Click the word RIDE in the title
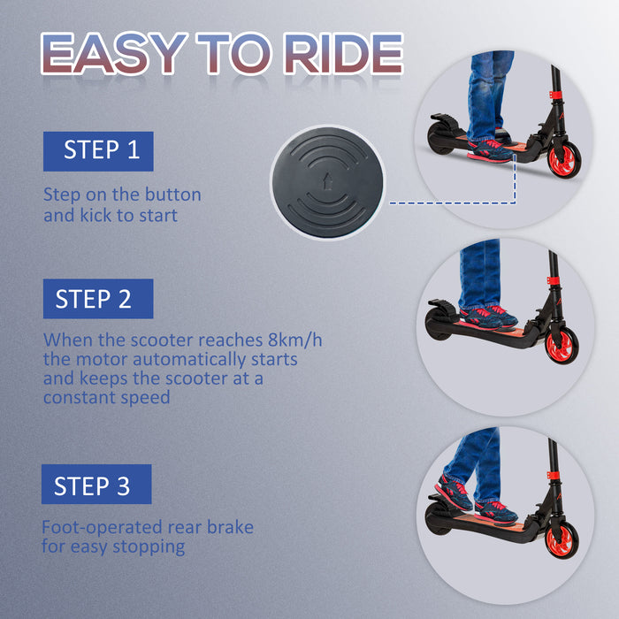pyautogui.click(x=344, y=54)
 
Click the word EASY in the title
pyautogui.click(x=114, y=54)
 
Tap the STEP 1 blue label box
pyautogui.click(x=98, y=151)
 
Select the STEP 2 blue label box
pyautogui.click(x=98, y=299)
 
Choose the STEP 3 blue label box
pyautogui.click(x=96, y=485)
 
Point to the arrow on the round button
pyautogui.click(x=328, y=180)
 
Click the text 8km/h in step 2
pyautogui.click(x=294, y=340)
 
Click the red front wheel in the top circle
pyautogui.click(x=564, y=158)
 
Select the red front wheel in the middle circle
pyautogui.click(x=562, y=345)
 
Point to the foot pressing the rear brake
pyautogui.click(x=454, y=493)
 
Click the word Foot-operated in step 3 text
pyautogui.click(x=102, y=527)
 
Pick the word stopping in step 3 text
pyautogui.click(x=149, y=547)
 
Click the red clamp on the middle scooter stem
pyautogui.click(x=553, y=280)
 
